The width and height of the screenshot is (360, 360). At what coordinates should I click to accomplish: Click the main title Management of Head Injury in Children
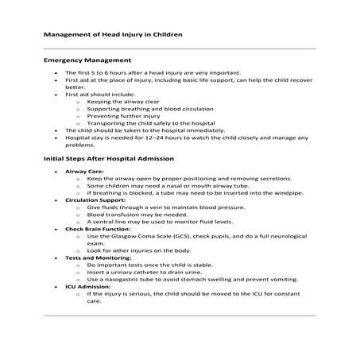[113, 35]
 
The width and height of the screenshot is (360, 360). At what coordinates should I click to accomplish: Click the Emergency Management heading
[87, 60]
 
